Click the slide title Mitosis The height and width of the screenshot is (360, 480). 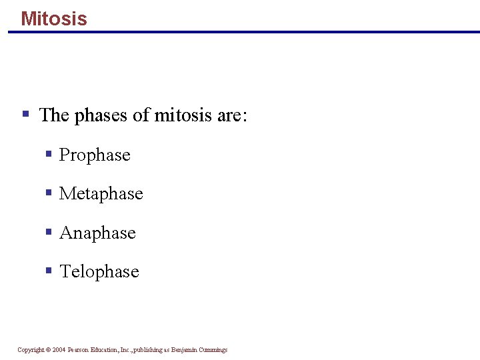click(54, 18)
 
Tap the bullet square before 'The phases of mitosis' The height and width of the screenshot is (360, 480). click(25, 114)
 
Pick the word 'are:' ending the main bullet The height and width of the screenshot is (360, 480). click(232, 115)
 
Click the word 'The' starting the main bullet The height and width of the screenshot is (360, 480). click(54, 115)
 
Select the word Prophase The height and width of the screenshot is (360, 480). click(95, 155)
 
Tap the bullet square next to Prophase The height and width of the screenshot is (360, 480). click(49, 154)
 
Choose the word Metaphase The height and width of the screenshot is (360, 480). click(101, 194)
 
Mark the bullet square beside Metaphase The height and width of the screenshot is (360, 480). click(49, 193)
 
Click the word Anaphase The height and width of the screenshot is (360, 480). click(97, 233)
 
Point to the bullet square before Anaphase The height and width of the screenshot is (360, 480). click(49, 232)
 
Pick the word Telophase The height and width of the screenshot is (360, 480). click(99, 271)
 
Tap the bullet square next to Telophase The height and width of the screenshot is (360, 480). click(49, 271)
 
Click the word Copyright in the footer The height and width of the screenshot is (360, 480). click(31, 350)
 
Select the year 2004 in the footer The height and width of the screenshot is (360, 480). click(59, 350)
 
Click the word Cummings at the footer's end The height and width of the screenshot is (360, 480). click(213, 350)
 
